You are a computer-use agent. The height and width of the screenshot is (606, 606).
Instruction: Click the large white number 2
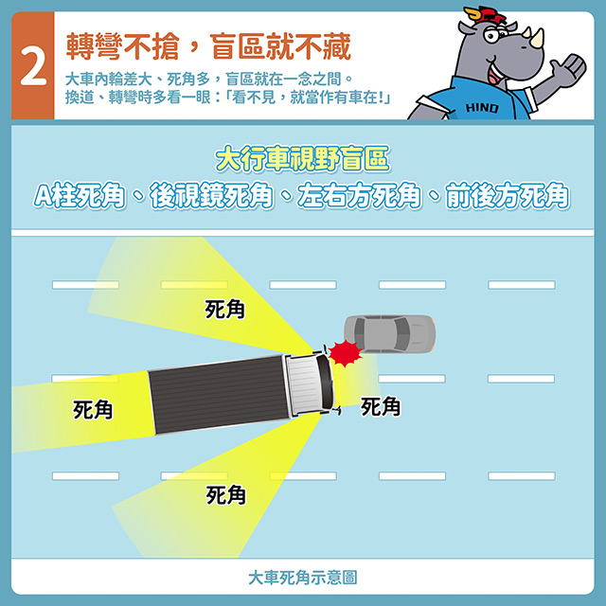point(33,66)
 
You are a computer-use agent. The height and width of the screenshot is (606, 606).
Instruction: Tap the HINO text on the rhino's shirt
point(482,107)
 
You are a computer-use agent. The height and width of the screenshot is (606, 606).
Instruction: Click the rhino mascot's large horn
point(538,38)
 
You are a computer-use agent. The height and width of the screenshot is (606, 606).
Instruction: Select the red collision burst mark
point(345,353)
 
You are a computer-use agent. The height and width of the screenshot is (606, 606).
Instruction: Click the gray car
point(389,334)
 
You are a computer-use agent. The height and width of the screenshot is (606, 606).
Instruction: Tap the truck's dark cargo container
point(219,395)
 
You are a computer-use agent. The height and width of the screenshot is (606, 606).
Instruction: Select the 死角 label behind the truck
point(93,410)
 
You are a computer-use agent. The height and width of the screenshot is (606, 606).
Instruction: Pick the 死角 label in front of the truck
point(381,407)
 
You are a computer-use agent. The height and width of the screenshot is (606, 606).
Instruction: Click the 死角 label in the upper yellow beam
point(225,310)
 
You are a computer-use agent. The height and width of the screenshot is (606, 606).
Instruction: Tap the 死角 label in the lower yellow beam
point(225,495)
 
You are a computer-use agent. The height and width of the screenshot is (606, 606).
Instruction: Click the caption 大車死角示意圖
point(303,578)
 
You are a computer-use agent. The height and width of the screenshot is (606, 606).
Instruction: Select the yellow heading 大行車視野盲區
point(303,158)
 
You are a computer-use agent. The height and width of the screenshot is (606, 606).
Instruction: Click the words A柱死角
point(80,196)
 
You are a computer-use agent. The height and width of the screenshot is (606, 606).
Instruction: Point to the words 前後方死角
point(508,196)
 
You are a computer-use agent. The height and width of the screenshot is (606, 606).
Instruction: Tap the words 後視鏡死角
point(211,196)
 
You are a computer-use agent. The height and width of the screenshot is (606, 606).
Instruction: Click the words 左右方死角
point(360,196)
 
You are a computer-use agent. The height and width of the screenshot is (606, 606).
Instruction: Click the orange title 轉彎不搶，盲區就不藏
point(208,46)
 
